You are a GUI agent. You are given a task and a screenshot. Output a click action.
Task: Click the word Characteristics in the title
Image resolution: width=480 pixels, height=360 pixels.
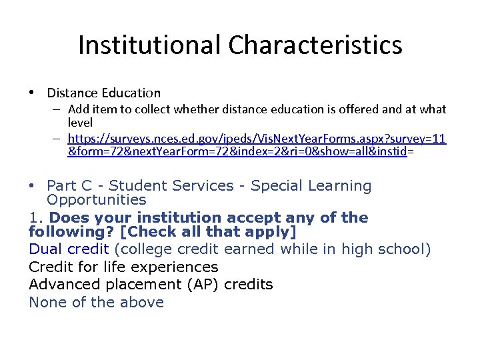click(x=315, y=45)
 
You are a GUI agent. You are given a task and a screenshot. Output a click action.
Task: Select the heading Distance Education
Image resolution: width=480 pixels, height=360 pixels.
click(x=104, y=93)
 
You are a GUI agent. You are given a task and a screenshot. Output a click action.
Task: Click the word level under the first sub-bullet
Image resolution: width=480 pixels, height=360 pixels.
click(x=80, y=123)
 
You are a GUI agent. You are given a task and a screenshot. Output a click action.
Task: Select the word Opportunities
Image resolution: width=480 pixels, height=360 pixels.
click(x=96, y=200)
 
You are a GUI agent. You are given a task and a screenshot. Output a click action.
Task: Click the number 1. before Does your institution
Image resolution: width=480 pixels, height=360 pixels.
click(x=36, y=217)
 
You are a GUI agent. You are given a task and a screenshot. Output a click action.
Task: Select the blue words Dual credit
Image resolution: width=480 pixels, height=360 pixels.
click(x=69, y=249)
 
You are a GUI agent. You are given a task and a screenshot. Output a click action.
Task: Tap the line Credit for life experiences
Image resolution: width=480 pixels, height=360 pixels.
click(x=123, y=267)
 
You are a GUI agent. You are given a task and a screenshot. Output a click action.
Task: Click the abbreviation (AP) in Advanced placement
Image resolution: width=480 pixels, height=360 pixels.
click(x=201, y=285)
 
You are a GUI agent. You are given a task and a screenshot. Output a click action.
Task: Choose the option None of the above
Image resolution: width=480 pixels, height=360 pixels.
click(x=96, y=303)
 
